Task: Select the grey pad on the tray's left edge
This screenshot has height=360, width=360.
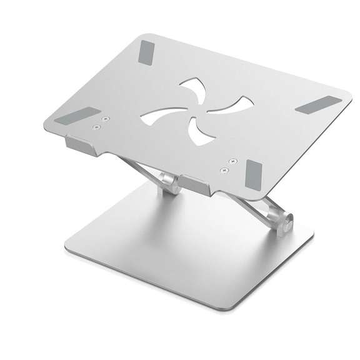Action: coord(79,117)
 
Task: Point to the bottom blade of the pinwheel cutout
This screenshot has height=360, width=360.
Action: coord(199,132)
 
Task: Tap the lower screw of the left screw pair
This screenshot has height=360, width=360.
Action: coord(96,127)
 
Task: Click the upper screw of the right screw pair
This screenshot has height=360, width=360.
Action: coord(232,161)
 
